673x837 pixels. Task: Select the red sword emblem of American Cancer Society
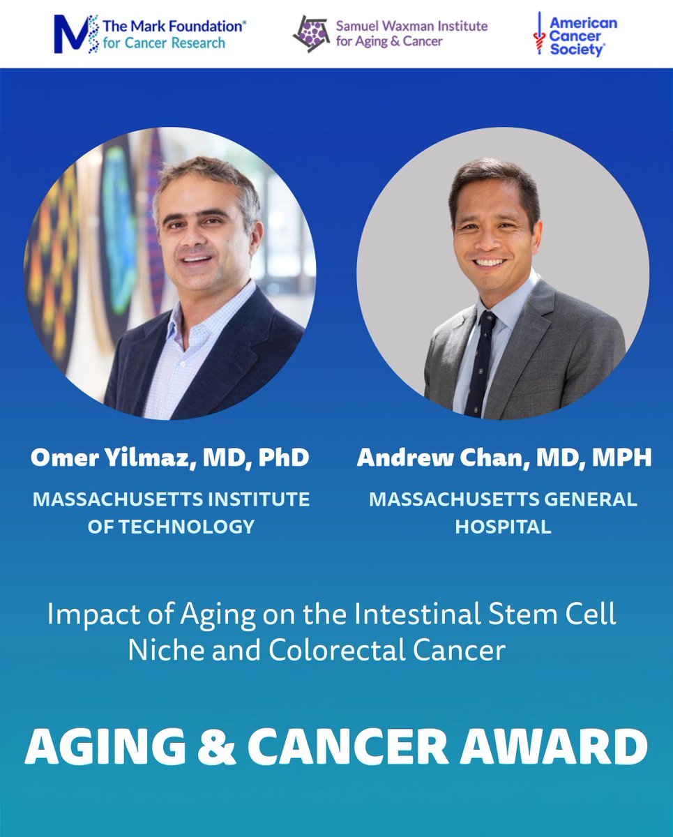click(x=538, y=34)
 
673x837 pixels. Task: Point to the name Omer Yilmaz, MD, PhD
click(x=169, y=458)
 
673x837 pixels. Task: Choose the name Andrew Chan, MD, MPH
click(x=504, y=458)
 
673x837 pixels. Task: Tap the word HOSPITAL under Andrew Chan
click(x=503, y=526)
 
